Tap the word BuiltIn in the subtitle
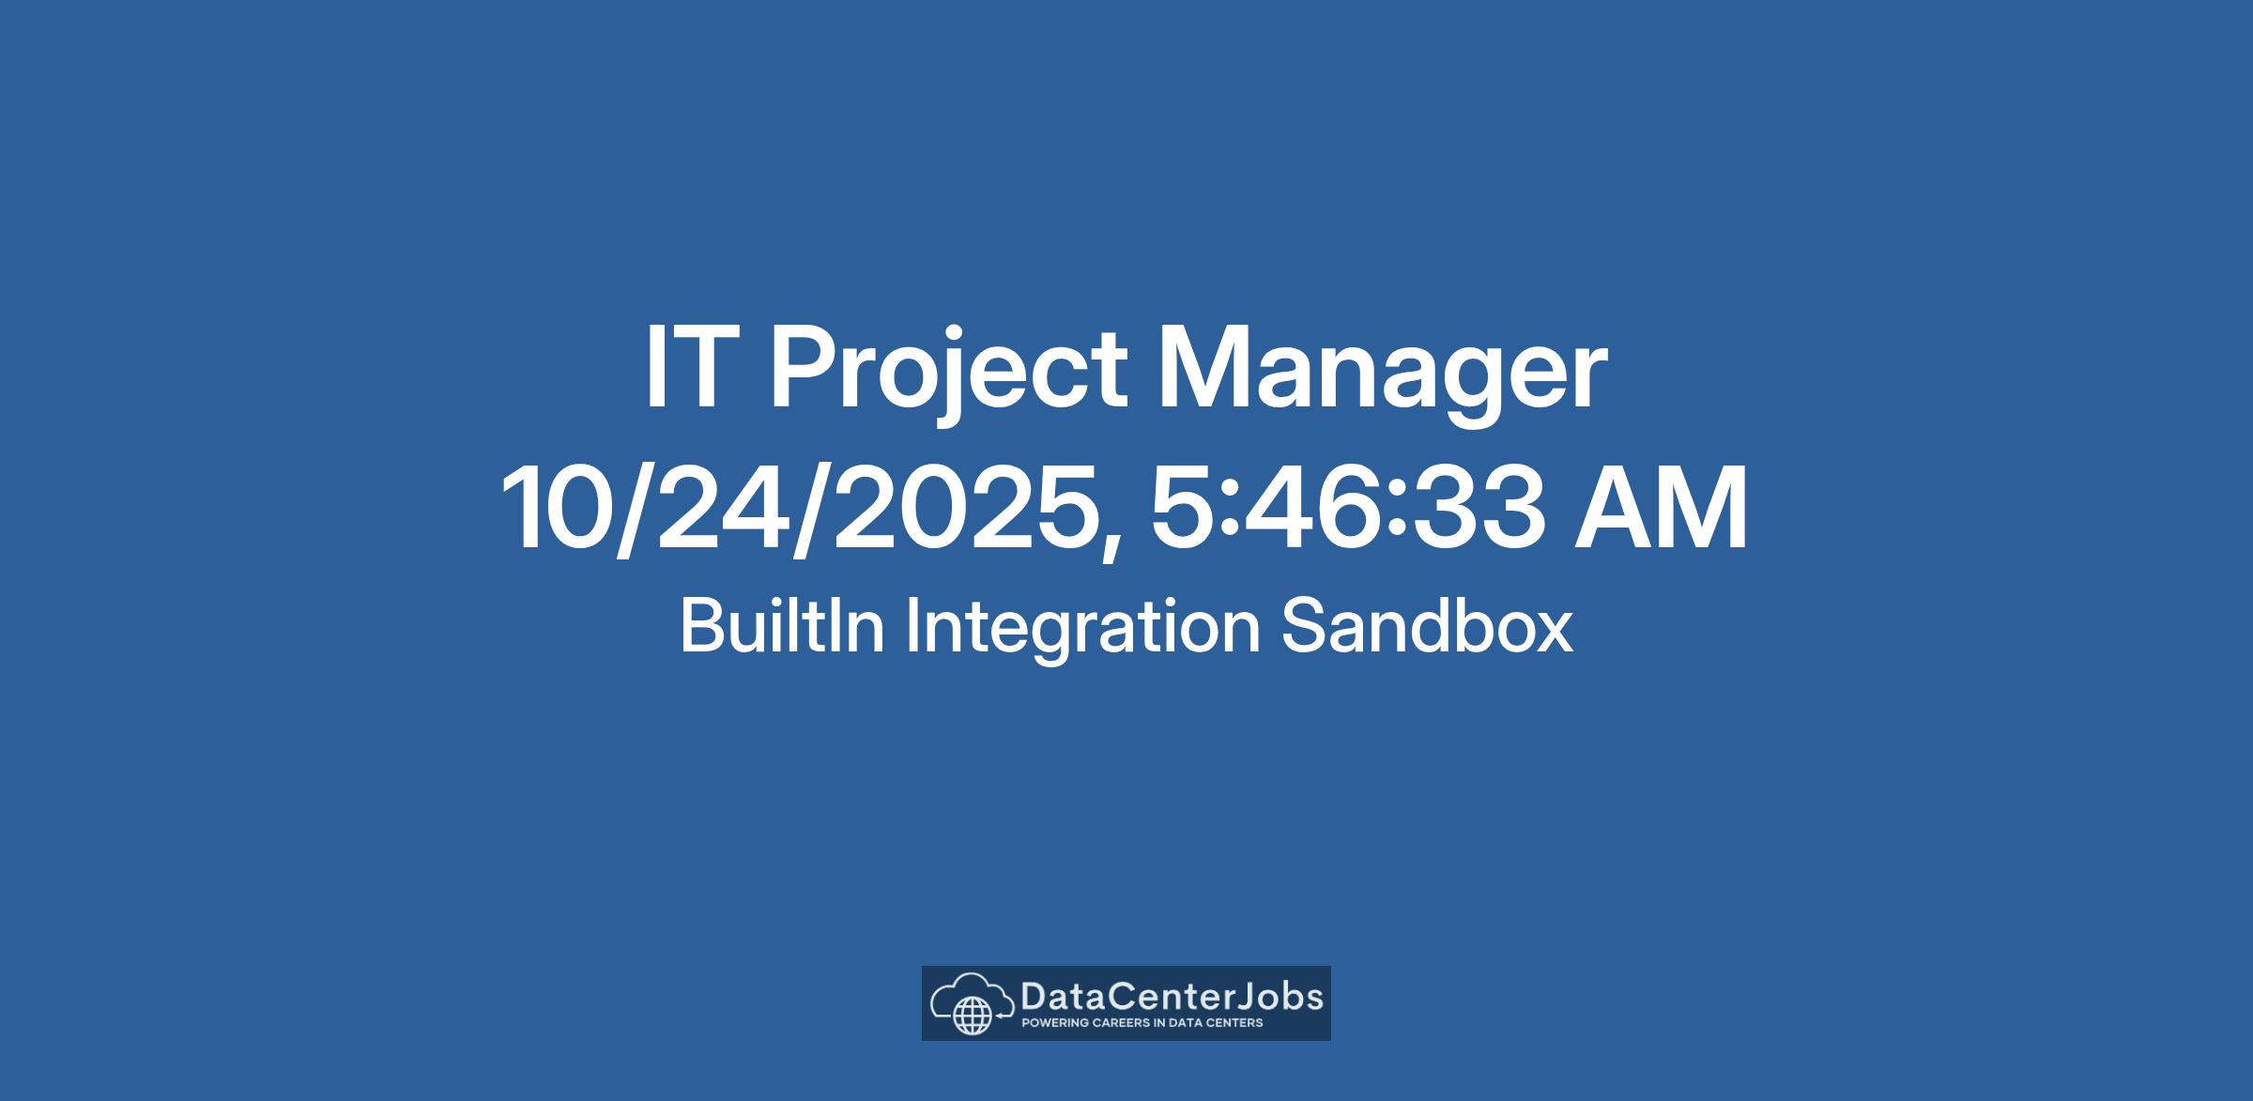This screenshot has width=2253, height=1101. click(782, 626)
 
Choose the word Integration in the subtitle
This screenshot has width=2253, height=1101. click(1082, 630)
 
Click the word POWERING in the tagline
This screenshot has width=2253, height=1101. click(1055, 1023)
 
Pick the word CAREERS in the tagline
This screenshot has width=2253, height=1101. click(1120, 1023)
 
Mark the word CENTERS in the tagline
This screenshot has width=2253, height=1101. click(1234, 1023)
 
